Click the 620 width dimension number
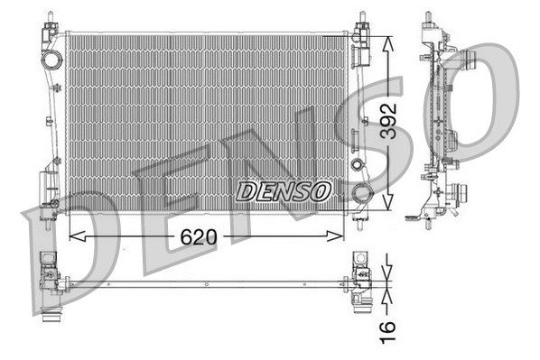[199, 237]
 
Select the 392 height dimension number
[388, 117]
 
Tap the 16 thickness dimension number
[388, 330]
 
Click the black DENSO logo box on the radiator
[284, 191]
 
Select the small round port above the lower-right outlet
[358, 166]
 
